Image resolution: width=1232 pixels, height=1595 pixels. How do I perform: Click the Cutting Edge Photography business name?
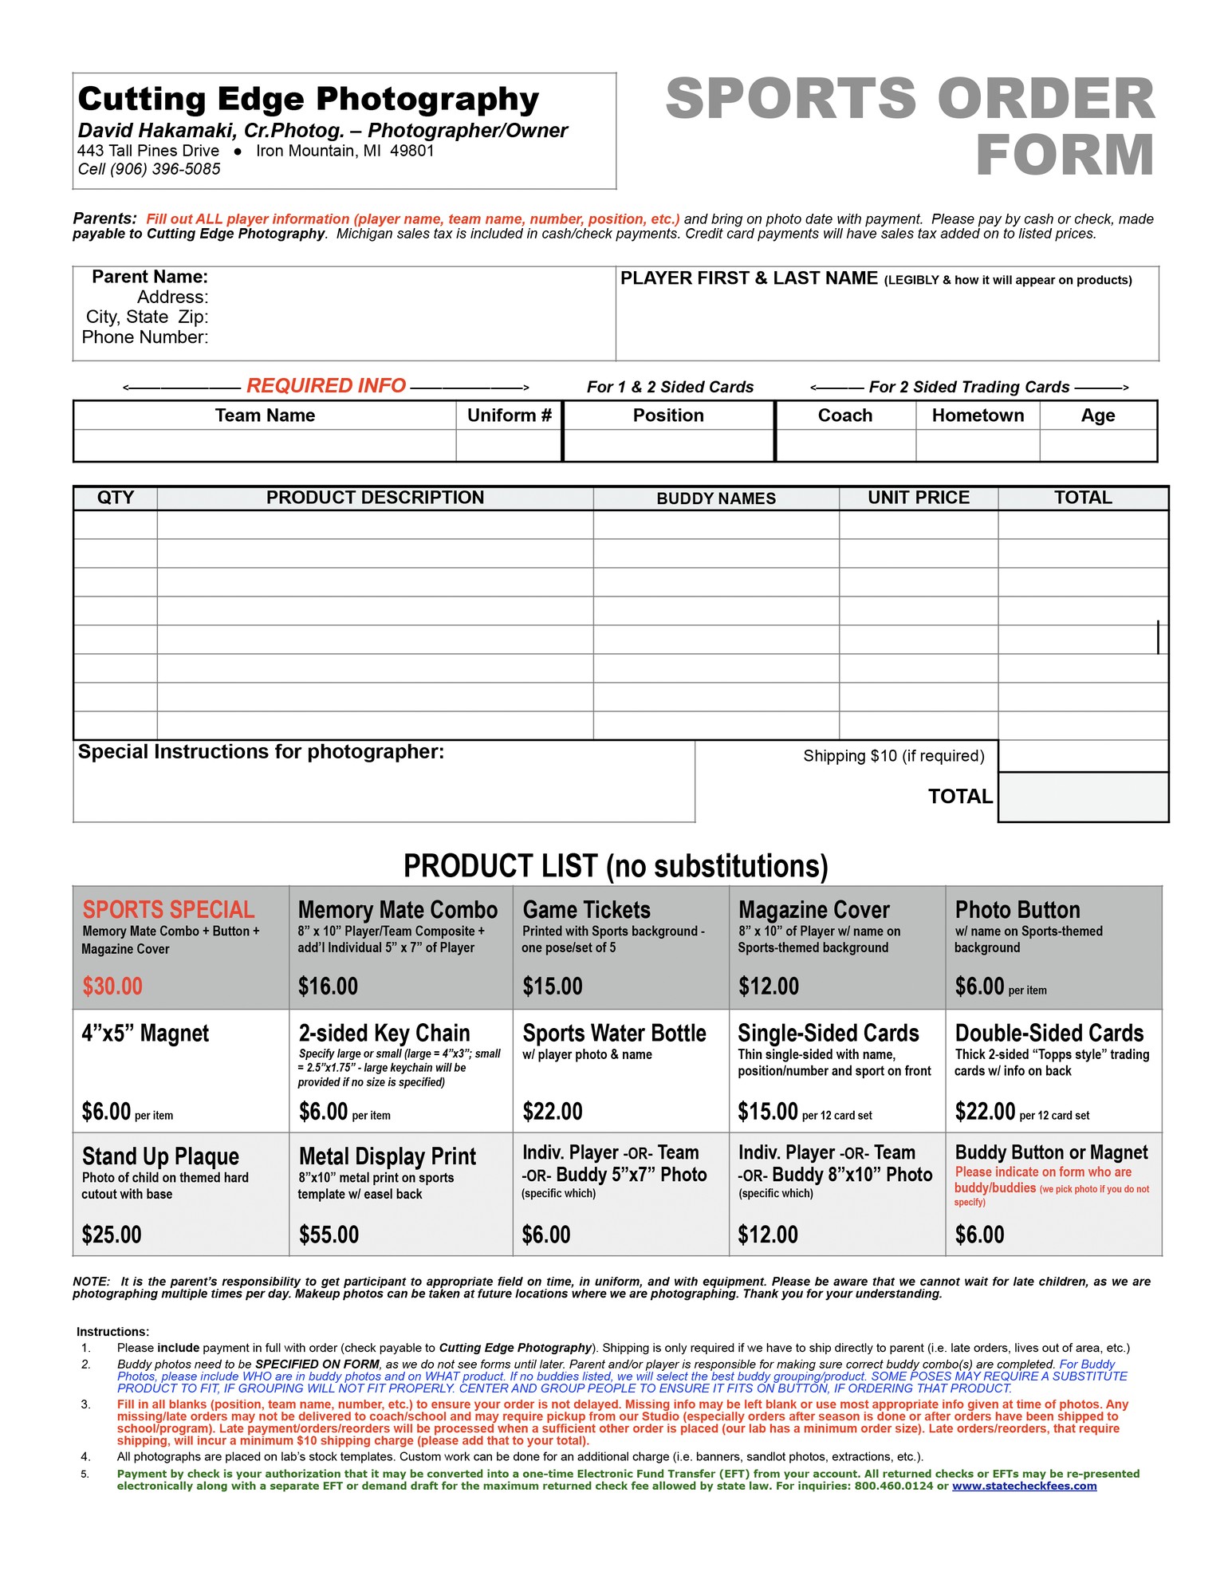pyautogui.click(x=309, y=100)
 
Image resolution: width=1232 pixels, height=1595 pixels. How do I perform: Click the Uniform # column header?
pyautogui.click(x=509, y=415)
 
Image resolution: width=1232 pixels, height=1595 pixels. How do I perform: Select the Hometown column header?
pyautogui.click(x=978, y=415)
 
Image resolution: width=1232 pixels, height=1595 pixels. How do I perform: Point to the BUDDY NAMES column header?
pyautogui.click(x=715, y=498)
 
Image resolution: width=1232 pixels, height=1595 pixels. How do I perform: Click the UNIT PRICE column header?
pyautogui.click(x=919, y=498)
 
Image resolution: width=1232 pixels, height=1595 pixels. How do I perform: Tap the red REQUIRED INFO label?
pyautogui.click(x=326, y=386)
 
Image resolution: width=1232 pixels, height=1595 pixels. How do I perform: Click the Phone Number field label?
pyautogui.click(x=145, y=337)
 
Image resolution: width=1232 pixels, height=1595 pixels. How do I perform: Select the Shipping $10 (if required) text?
pyautogui.click(x=893, y=756)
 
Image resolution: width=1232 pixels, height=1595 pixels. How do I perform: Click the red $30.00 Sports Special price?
pyautogui.click(x=112, y=987)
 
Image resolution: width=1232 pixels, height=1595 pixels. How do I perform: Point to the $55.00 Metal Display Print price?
pyautogui.click(x=329, y=1235)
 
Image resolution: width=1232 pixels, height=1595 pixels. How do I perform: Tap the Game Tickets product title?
pyautogui.click(x=586, y=910)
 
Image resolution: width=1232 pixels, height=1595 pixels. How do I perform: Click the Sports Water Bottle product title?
pyautogui.click(x=614, y=1034)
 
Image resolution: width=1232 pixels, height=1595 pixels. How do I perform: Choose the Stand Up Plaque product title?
pyautogui.click(x=160, y=1156)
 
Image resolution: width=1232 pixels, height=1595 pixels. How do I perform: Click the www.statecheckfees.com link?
pyautogui.click(x=1024, y=1486)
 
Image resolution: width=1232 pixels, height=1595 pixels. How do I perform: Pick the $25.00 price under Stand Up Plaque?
pyautogui.click(x=112, y=1235)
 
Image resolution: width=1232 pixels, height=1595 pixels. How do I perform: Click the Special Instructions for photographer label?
pyautogui.click(x=261, y=752)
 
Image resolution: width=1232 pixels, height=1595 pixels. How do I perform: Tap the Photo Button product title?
pyautogui.click(x=1017, y=910)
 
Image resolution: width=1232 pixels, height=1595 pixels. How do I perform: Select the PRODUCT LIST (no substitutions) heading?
pyautogui.click(x=616, y=866)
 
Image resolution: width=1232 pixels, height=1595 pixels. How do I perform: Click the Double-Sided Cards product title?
pyautogui.click(x=1049, y=1034)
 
